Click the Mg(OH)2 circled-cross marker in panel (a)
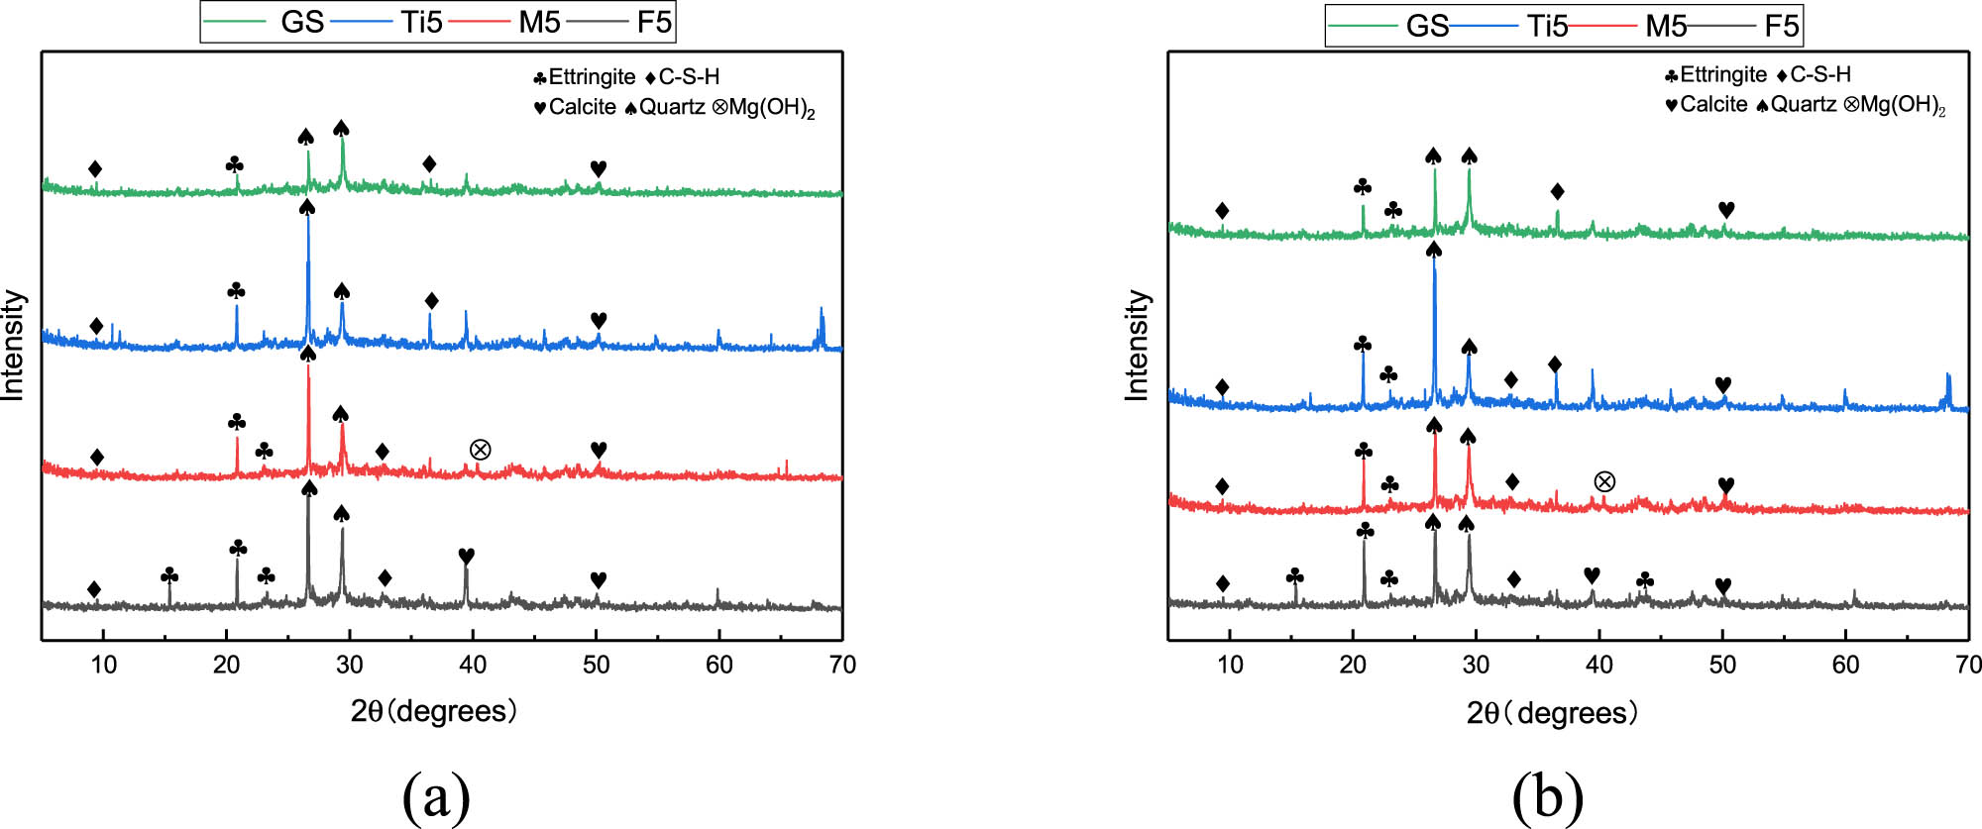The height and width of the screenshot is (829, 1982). pos(480,450)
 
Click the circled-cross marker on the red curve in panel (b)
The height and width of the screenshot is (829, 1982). pos(1604,481)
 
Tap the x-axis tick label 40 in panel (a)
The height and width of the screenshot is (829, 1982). pos(473,665)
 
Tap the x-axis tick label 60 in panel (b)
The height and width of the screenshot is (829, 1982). pos(1845,665)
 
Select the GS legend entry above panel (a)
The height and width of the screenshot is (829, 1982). pos(301,22)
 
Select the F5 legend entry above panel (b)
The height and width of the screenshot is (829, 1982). pos(1780,26)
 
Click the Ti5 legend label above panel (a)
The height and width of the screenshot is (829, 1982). pos(421,22)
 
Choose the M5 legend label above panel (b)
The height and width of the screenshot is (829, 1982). pos(1665,26)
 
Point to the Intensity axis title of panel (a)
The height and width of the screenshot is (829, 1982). pos(13,345)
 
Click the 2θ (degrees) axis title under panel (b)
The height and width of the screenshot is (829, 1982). pos(1552,713)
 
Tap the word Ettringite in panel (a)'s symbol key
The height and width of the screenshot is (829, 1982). pos(592,76)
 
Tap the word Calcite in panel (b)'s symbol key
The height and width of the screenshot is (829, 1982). pos(1713,104)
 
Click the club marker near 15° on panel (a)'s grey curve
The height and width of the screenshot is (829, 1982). pos(169,575)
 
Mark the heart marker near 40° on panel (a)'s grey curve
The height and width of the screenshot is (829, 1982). pos(466,556)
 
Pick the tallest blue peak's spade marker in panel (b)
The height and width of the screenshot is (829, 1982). pos(1433,250)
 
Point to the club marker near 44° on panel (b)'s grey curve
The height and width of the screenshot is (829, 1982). pos(1644,579)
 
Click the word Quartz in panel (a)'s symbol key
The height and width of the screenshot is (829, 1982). pos(671,107)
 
